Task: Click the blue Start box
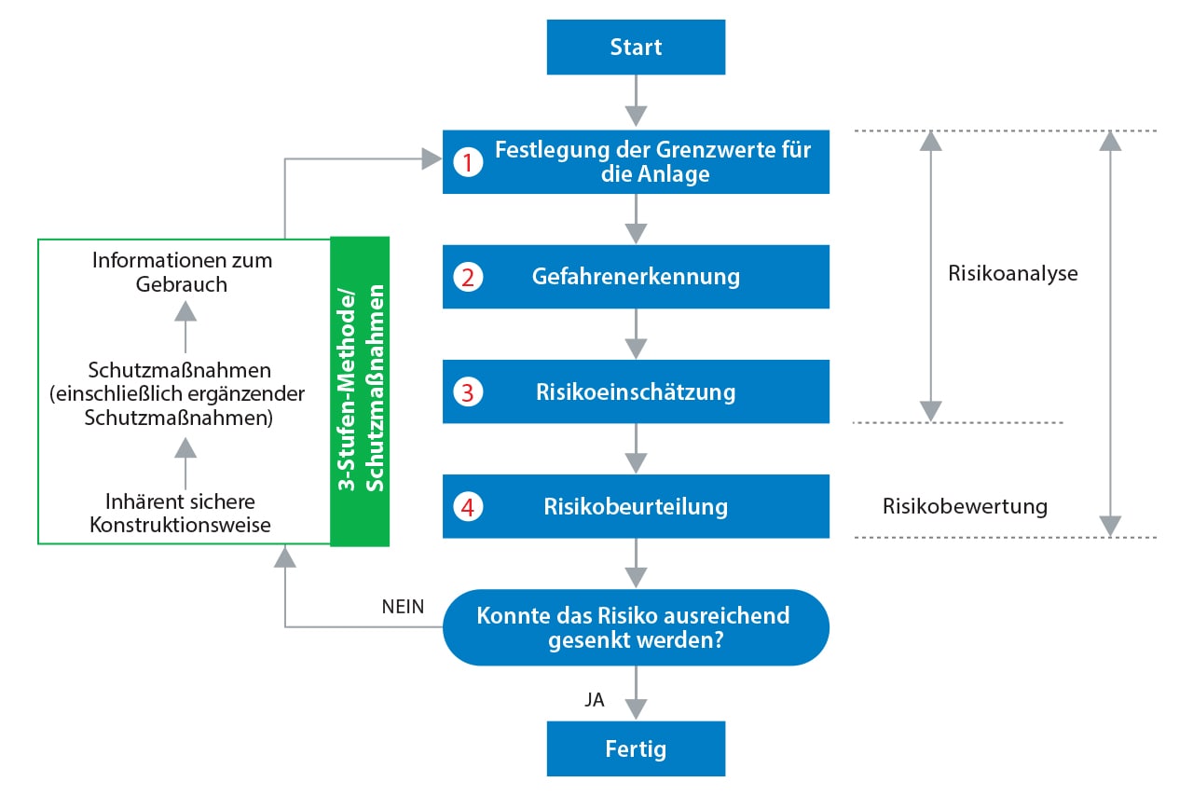click(x=636, y=47)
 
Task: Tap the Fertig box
click(x=636, y=748)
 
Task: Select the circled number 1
click(x=468, y=162)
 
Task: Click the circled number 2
click(x=468, y=277)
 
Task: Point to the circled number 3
click(x=468, y=392)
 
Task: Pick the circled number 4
click(x=468, y=507)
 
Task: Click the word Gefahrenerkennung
click(x=636, y=277)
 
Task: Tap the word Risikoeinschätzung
click(x=636, y=391)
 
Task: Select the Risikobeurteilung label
click(x=636, y=506)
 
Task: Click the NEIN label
click(x=403, y=607)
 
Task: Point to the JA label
click(x=595, y=700)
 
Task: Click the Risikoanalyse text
click(x=1013, y=273)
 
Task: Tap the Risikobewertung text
click(x=965, y=506)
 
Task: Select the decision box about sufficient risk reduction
click(x=636, y=627)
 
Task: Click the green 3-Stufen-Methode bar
click(x=360, y=391)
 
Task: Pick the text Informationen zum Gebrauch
click(x=182, y=272)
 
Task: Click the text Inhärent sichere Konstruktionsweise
click(x=180, y=513)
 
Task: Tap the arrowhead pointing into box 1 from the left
click(x=432, y=158)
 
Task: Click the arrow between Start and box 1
click(x=636, y=100)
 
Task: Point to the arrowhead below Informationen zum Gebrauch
click(x=185, y=310)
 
